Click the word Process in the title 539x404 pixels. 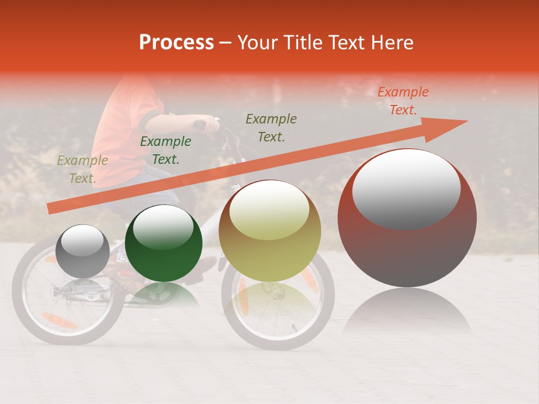coord(176,43)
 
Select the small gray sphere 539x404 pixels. coord(83,251)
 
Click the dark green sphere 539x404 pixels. coord(163,244)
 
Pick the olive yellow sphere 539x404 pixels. coord(270,231)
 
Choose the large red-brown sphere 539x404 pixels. coord(407,218)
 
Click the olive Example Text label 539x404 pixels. coord(83,169)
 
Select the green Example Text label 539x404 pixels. coord(166,150)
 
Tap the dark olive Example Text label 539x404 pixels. coord(271,127)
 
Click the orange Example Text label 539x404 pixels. coord(403,101)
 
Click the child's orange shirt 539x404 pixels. coord(126,129)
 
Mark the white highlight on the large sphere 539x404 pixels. coord(406,188)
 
